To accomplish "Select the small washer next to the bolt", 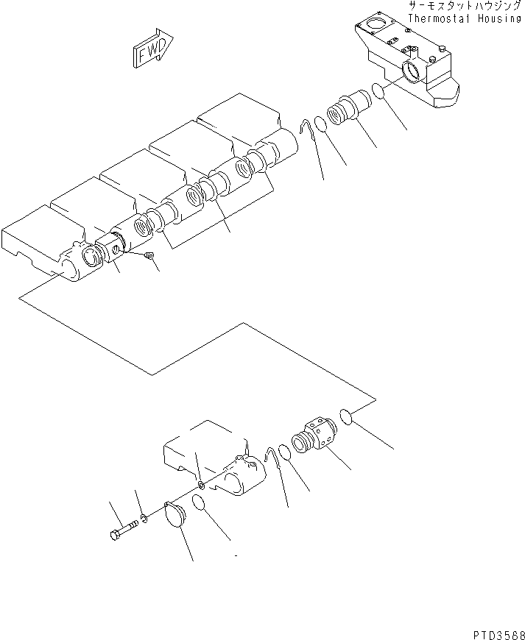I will coord(145,519).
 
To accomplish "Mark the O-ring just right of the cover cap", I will coord(197,502).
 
